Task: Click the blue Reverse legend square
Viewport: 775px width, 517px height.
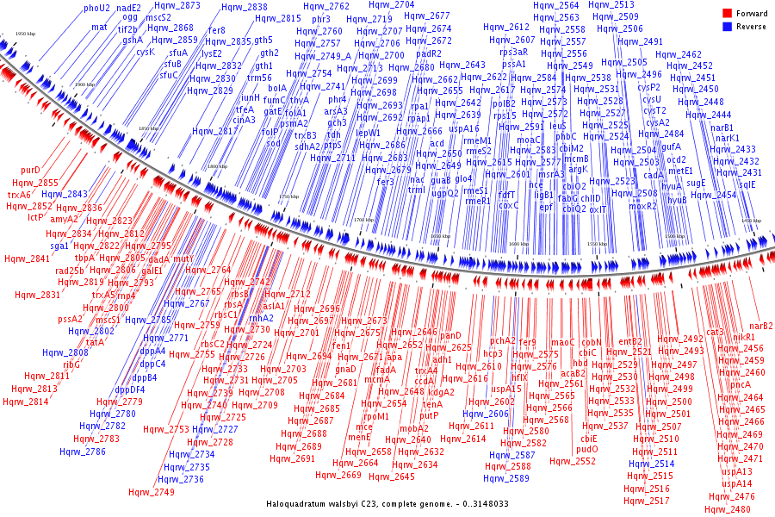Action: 728,25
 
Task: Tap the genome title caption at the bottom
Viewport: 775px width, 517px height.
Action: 387,503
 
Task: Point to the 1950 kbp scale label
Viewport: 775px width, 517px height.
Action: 26,34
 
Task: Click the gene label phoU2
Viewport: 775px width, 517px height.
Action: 96,8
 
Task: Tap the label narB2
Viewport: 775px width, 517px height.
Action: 761,326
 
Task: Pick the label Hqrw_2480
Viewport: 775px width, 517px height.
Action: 728,509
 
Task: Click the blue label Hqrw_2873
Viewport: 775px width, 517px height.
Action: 177,5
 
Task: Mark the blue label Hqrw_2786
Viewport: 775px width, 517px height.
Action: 83,451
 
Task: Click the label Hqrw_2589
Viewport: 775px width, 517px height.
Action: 506,478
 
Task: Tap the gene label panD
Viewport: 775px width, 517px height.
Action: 451,335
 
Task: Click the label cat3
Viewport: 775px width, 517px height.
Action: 715,332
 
